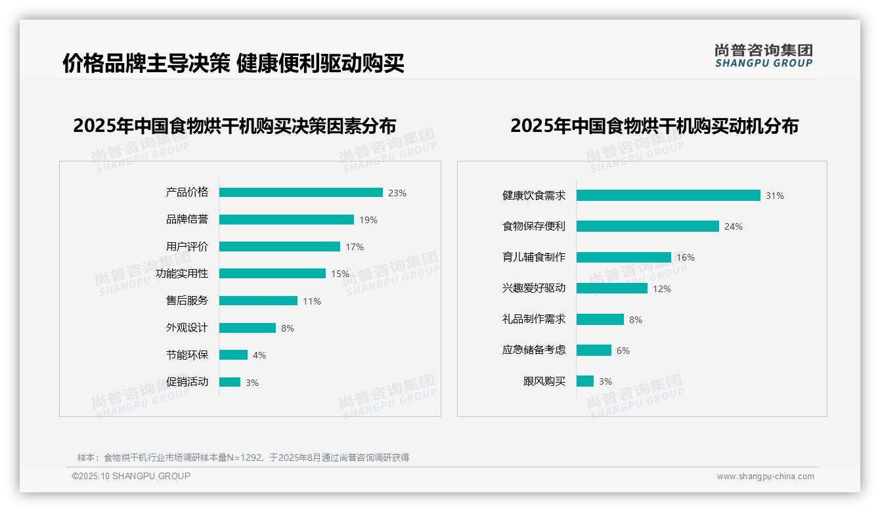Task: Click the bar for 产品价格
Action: pos(301,192)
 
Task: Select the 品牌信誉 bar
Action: pos(286,219)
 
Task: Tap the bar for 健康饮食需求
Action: pos(668,195)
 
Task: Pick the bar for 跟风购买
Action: pos(585,381)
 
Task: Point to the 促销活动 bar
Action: pos(230,382)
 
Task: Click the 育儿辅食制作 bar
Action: pos(623,257)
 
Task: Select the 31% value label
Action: pos(775,196)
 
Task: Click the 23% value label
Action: pos(397,193)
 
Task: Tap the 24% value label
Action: pos(734,226)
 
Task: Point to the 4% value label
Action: pos(259,355)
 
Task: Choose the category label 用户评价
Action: pos(187,246)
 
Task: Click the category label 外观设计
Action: pos(187,328)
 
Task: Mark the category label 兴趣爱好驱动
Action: pos(534,288)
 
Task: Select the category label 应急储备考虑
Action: pos(534,349)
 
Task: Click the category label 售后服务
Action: pos(187,300)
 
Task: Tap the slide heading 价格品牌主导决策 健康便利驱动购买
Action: pos(233,63)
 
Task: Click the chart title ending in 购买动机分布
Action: pos(654,125)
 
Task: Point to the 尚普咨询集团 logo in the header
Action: pos(764,55)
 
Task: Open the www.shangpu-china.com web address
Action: pos(765,477)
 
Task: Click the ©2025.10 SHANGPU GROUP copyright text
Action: pos(131,476)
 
